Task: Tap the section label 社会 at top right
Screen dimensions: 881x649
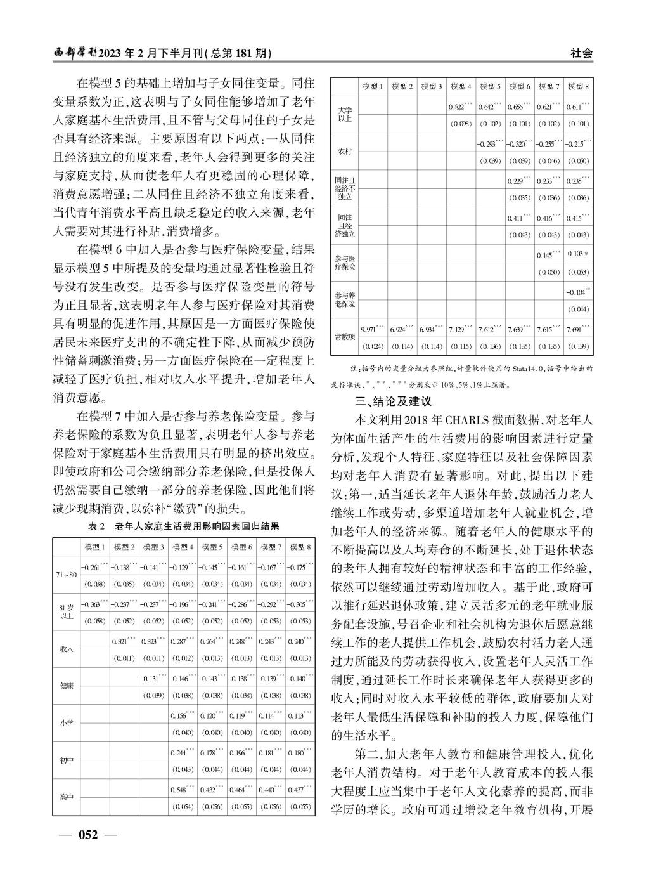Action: click(581, 54)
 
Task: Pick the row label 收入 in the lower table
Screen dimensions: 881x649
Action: click(66, 649)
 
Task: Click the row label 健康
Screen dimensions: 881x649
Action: click(66, 686)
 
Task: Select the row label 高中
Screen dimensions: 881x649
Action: click(66, 797)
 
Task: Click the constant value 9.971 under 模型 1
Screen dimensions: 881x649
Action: click(371, 330)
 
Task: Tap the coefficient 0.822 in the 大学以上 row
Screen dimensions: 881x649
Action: click(459, 107)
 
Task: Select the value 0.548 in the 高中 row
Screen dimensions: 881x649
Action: click(181, 790)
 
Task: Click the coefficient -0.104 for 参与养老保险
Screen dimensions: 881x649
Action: click(577, 292)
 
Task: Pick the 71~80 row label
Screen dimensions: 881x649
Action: click(66, 575)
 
